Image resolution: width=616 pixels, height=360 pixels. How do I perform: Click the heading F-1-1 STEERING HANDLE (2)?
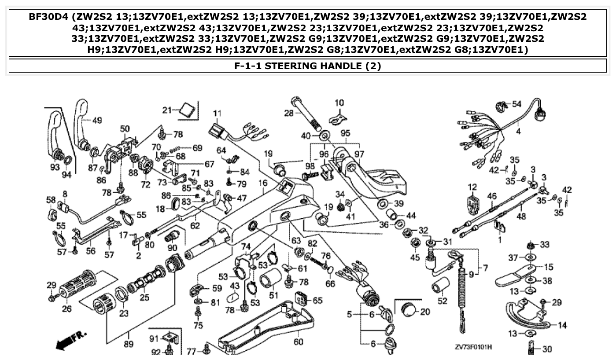(308, 66)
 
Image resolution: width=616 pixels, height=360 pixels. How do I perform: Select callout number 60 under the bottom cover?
(298, 342)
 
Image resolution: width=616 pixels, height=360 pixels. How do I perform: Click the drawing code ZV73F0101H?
(473, 347)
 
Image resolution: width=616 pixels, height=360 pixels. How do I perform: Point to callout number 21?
(166, 110)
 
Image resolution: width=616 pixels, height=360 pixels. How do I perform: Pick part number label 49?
(97, 120)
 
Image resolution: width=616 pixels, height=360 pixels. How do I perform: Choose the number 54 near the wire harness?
(516, 104)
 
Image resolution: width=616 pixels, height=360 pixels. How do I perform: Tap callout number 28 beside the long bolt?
(288, 113)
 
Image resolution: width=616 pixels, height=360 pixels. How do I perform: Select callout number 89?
(128, 344)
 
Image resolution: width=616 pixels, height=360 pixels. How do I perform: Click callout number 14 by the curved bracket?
(562, 325)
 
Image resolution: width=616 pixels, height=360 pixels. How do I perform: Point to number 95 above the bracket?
(345, 132)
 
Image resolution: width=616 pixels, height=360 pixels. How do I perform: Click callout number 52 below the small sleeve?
(443, 301)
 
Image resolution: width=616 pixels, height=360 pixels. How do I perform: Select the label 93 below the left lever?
(55, 167)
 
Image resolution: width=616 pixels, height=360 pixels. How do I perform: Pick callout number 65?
(318, 300)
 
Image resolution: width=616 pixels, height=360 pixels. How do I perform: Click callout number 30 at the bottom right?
(546, 349)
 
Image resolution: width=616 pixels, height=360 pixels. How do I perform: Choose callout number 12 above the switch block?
(472, 187)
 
